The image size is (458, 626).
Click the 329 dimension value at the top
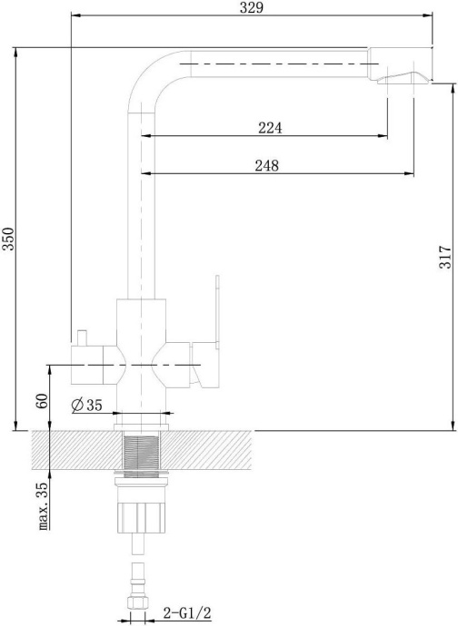click(252, 7)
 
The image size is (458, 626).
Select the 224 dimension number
click(270, 128)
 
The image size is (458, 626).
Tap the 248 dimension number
click(267, 165)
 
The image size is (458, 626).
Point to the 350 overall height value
click(8, 239)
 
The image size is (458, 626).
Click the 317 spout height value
click(445, 258)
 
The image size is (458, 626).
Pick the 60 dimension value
click(42, 401)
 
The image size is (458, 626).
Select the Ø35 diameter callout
click(87, 406)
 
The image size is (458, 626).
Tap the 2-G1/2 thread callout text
click(187, 612)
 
